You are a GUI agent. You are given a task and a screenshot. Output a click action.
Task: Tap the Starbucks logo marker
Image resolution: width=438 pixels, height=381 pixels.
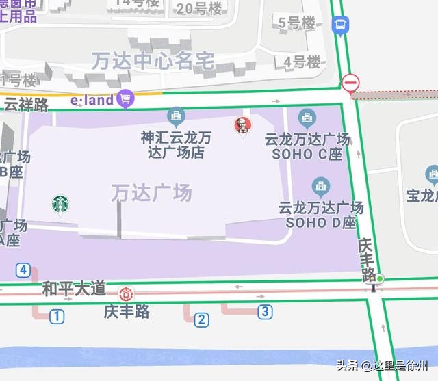click(60, 204)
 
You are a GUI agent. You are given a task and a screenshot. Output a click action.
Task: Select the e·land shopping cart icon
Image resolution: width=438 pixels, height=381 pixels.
click(125, 100)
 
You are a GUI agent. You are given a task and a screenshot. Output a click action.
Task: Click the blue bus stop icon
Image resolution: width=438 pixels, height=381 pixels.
click(340, 26)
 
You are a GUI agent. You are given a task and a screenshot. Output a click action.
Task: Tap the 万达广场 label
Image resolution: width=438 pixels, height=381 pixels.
click(151, 194)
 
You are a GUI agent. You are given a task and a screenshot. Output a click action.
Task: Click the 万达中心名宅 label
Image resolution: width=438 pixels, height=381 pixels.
click(153, 61)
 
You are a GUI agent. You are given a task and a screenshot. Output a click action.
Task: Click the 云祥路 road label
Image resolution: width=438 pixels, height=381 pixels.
click(26, 105)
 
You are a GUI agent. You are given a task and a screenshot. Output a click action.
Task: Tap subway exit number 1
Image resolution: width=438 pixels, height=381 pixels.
click(57, 317)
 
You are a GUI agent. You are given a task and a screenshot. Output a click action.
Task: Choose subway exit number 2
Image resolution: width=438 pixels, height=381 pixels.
click(201, 319)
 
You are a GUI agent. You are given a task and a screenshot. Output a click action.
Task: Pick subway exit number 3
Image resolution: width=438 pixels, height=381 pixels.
click(265, 313)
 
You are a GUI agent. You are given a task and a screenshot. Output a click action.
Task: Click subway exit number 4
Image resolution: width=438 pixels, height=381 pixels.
click(24, 270)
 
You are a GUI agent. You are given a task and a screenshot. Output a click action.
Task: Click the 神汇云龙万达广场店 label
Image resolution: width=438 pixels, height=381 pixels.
click(176, 145)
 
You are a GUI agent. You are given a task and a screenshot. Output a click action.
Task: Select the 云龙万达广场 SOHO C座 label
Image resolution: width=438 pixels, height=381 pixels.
click(307, 146)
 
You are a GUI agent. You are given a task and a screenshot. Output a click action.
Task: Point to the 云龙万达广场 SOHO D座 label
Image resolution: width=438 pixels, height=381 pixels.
click(320, 214)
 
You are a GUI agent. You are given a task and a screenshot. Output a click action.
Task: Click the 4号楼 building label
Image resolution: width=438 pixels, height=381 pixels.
click(302, 62)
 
